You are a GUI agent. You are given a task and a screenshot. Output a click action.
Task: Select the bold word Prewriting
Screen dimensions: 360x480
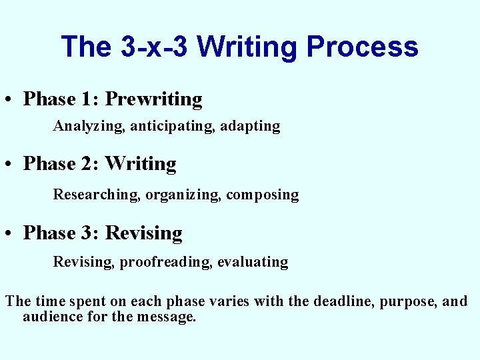154,99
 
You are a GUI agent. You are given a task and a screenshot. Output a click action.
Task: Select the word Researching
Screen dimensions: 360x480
97,195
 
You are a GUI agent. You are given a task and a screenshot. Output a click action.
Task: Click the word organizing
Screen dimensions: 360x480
183,195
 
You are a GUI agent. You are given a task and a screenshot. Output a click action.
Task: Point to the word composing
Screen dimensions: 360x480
263,195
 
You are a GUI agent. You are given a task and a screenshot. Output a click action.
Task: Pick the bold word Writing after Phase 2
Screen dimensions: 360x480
141,164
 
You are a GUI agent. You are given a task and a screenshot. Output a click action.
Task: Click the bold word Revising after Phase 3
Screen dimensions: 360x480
144,233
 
